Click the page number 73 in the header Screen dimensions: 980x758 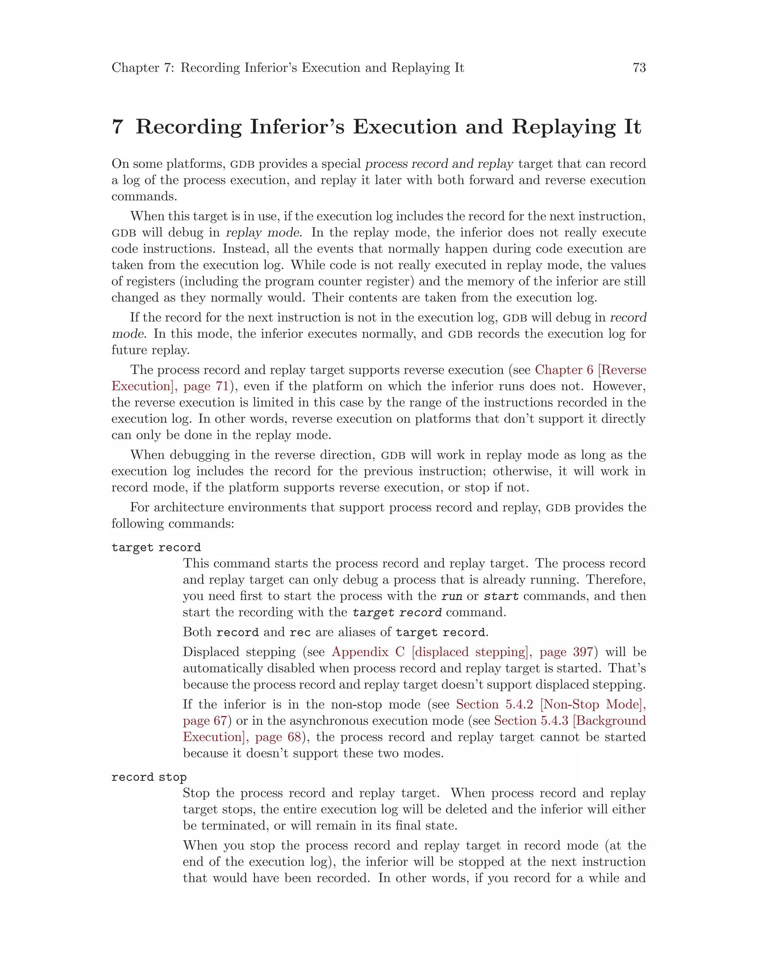pyautogui.click(x=638, y=68)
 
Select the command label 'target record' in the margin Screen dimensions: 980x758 pyautogui.click(x=156, y=547)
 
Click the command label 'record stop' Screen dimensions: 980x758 pyautogui.click(x=149, y=777)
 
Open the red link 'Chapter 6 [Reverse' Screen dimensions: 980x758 pyautogui.click(x=590, y=370)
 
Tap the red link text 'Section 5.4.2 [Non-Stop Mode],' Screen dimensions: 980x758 pyautogui.click(x=550, y=704)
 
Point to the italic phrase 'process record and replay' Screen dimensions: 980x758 pyautogui.click(x=439, y=164)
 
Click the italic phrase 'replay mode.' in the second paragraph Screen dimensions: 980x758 pyautogui.click(x=263, y=233)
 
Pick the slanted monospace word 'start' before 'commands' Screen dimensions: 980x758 pyautogui.click(x=501, y=597)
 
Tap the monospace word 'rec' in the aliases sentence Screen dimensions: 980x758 pyautogui.click(x=300, y=632)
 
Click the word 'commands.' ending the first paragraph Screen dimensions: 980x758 pyautogui.click(x=144, y=196)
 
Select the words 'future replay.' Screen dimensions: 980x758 pyautogui.click(x=150, y=350)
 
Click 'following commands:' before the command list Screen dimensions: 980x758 pyautogui.click(x=172, y=524)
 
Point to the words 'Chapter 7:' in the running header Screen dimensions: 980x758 pyautogui.click(x=142, y=68)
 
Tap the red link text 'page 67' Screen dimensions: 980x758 pyautogui.click(x=205, y=721)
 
